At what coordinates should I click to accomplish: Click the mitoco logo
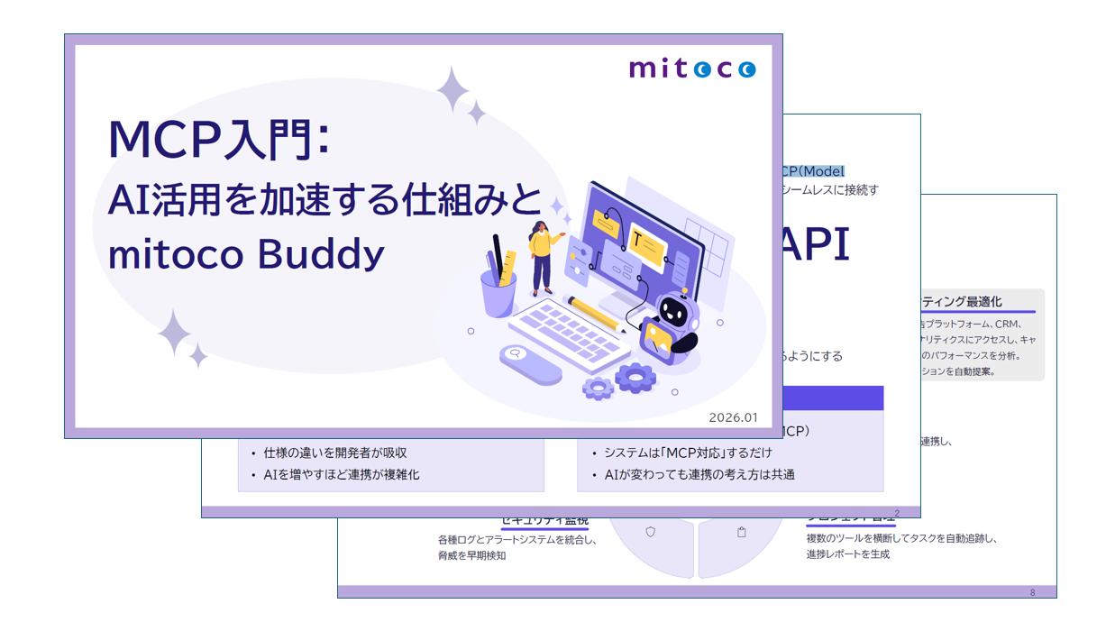(692, 69)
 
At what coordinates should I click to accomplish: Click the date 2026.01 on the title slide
(733, 417)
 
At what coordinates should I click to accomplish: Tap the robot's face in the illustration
(674, 312)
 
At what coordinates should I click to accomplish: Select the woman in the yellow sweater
(542, 256)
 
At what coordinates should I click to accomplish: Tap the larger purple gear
(635, 376)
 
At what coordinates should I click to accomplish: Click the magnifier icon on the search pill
(516, 353)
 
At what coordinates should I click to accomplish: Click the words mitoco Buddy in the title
(246, 254)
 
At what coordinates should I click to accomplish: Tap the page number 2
(897, 513)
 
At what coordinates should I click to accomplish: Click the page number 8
(1033, 592)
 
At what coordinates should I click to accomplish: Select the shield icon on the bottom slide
(651, 532)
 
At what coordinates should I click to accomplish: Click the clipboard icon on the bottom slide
(742, 532)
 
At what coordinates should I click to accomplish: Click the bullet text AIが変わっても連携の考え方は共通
(699, 474)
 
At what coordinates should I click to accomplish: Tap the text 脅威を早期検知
(472, 555)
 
